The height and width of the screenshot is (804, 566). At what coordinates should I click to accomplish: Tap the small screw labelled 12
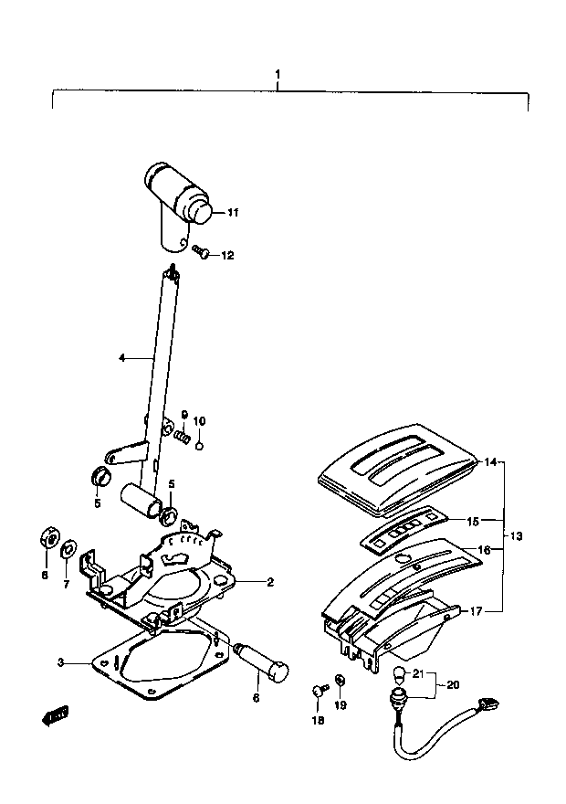202,251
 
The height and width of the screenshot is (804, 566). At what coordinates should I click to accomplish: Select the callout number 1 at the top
278,74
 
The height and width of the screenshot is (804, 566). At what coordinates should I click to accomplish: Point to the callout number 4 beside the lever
122,358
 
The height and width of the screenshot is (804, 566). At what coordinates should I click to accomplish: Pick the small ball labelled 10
200,445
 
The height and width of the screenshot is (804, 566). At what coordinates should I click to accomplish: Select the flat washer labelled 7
67,550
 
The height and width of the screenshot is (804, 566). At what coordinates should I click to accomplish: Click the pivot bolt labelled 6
261,664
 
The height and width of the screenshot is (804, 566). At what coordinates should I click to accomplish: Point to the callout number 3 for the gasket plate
60,662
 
